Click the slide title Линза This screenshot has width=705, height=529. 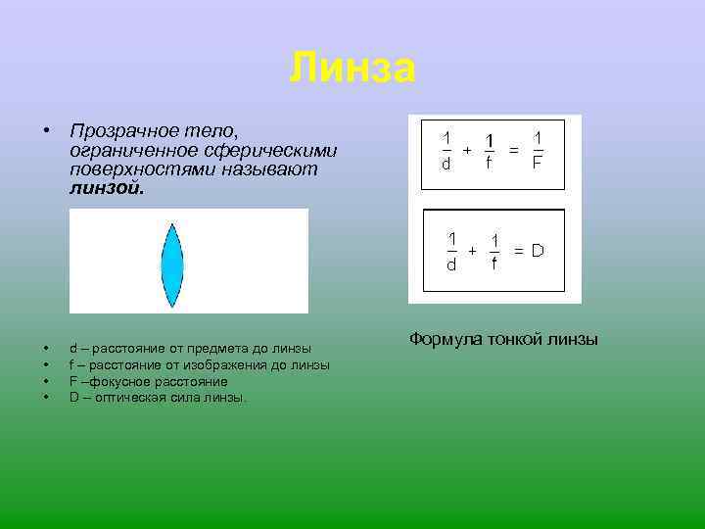(x=352, y=69)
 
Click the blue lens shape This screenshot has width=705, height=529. (x=172, y=263)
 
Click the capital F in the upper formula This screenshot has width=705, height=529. (x=538, y=164)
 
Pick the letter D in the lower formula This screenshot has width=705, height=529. (x=538, y=251)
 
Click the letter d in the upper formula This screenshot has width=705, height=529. (x=446, y=164)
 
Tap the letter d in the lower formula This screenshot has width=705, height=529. (x=451, y=264)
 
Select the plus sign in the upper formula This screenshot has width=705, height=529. (x=467, y=149)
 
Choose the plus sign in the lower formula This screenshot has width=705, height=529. (x=473, y=251)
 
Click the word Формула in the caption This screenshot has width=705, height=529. (x=443, y=340)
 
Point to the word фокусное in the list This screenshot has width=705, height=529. (x=127, y=381)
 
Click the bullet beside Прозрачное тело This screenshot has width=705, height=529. (x=45, y=131)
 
